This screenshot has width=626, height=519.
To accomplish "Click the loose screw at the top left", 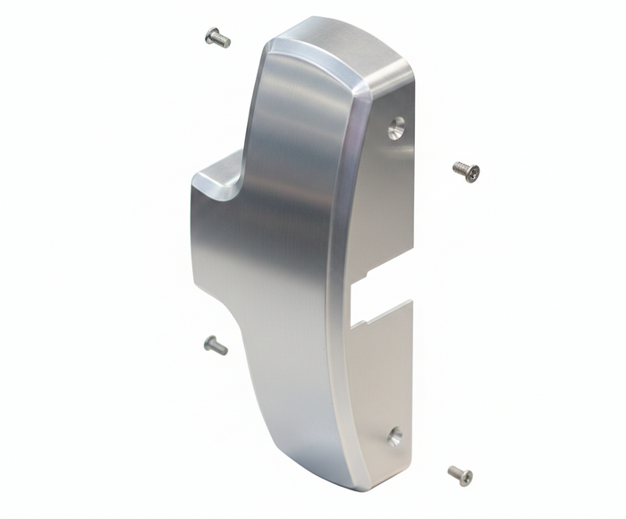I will click(x=217, y=38).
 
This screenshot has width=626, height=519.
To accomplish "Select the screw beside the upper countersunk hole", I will click(x=466, y=170).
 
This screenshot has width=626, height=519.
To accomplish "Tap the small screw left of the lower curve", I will click(x=216, y=345).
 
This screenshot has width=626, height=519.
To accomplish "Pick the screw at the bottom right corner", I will click(x=460, y=475).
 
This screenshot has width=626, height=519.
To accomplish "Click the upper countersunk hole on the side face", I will click(x=396, y=129).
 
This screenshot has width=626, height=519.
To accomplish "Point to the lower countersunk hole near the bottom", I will click(x=394, y=437).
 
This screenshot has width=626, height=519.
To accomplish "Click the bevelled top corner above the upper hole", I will click(x=393, y=77).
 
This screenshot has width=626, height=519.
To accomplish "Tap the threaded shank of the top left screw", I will click(x=223, y=40).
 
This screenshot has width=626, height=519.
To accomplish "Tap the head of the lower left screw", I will click(x=209, y=343).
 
